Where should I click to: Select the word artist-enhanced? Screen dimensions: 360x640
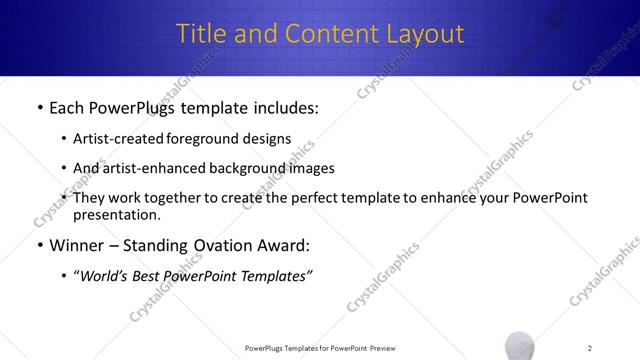[158, 168]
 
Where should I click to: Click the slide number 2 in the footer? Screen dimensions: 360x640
[589, 348]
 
